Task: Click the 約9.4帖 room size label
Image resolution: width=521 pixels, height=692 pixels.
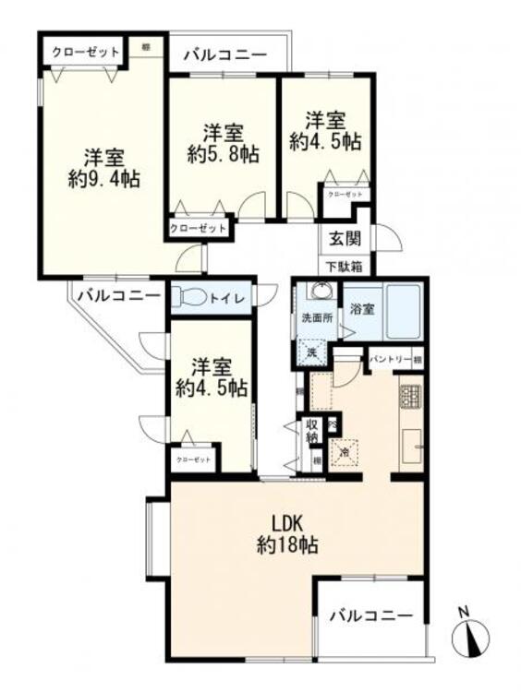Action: (x=103, y=180)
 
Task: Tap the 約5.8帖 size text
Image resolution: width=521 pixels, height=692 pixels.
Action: (x=223, y=156)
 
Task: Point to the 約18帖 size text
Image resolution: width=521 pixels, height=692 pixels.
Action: (x=287, y=544)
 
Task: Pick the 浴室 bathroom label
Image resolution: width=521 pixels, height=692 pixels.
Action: (x=362, y=309)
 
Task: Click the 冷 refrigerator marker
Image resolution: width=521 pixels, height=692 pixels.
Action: (x=344, y=452)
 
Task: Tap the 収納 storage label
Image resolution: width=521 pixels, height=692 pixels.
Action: (x=312, y=432)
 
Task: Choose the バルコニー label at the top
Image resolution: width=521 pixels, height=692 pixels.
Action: (x=224, y=55)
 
